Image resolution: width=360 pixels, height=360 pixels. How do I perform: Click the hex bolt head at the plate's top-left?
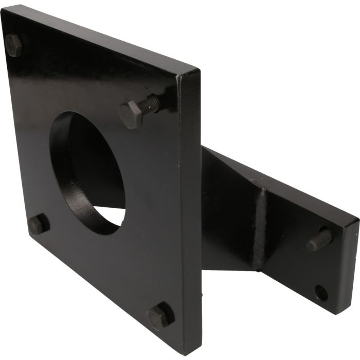point(14,45)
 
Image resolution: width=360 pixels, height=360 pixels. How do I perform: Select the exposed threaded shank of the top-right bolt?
point(151,104)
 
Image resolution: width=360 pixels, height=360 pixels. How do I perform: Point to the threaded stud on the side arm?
point(320,240)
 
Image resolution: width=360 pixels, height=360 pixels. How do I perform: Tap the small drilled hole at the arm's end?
point(321,293)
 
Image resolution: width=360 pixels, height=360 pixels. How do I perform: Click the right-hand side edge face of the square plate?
point(190,206)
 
